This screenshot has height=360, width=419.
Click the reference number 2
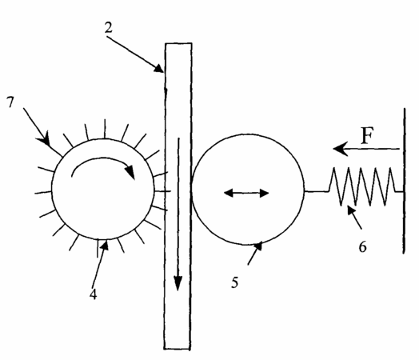108,27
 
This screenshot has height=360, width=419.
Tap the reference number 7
10,102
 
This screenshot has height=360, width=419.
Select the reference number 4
93,294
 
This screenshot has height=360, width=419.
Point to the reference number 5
234,282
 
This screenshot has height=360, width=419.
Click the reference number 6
362,247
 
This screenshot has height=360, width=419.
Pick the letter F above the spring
367,135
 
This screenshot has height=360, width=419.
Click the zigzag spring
365,186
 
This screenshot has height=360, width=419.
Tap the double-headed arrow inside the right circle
246,193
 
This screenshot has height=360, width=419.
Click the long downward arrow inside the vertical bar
178,214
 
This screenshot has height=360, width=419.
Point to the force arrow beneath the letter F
366,149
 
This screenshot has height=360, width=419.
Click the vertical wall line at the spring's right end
405,181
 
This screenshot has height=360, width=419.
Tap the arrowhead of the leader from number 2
159,69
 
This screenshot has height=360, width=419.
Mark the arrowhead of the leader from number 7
46,138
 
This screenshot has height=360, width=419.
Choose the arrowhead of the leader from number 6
351,210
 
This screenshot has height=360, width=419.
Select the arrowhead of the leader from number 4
106,245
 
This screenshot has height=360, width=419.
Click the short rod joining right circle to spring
317,191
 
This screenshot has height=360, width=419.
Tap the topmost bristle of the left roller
105,129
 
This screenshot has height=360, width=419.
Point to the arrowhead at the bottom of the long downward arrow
178,282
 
